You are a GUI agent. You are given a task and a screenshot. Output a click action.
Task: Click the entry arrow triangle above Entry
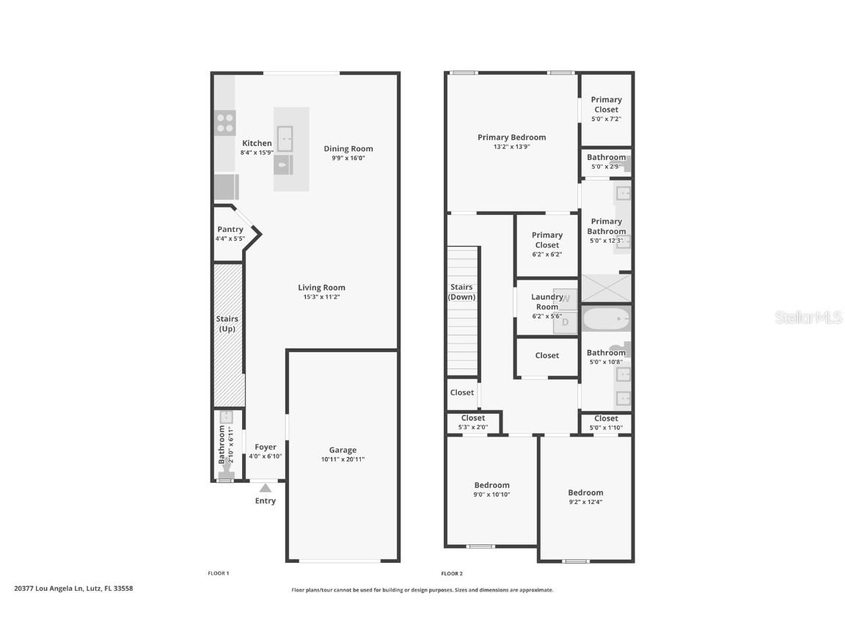tap(266, 487)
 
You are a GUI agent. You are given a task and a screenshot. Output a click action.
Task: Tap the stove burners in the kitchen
tap(226, 123)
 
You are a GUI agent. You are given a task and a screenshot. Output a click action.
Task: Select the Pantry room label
tap(230, 230)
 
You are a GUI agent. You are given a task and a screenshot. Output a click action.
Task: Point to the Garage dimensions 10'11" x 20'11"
tap(343, 459)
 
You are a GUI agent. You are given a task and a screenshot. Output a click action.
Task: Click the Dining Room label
tap(348, 149)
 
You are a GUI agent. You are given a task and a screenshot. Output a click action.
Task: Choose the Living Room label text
tap(321, 288)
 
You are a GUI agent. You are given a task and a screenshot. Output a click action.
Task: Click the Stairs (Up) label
tap(227, 324)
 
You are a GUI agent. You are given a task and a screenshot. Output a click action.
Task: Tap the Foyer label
tap(266, 447)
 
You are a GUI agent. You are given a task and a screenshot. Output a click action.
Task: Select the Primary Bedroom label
tap(511, 137)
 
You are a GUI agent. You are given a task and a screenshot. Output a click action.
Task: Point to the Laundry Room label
tap(546, 302)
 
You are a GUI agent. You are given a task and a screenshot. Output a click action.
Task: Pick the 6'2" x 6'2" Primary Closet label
tap(547, 240)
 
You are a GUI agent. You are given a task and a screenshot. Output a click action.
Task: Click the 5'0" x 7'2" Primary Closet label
tap(607, 104)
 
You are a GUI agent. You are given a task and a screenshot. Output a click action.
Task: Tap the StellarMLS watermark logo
tap(800, 317)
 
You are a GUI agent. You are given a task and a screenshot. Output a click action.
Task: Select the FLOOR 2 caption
tap(452, 573)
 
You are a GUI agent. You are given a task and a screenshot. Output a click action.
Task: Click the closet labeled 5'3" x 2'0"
tap(473, 422)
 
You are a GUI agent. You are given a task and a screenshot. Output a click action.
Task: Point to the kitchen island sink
tap(285, 137)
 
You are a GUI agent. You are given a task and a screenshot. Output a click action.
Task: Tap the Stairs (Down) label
tap(462, 292)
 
